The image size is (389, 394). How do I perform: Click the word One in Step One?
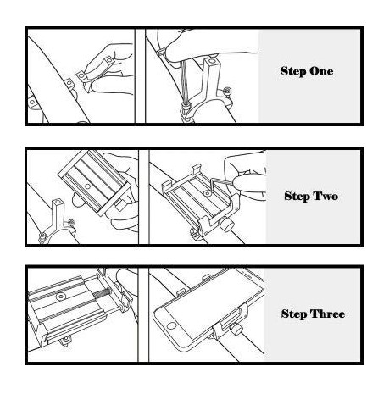[320, 71]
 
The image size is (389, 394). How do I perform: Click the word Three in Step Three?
[327, 314]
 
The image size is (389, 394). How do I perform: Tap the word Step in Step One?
[293, 71]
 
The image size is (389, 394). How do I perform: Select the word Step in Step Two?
[297, 197]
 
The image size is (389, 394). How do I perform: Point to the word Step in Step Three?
[294, 314]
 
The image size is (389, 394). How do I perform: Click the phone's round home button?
[171, 325]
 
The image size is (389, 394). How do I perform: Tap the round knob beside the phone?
[236, 330]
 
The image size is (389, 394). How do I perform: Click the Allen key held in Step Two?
[223, 184]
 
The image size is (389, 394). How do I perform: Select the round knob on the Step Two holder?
[228, 225]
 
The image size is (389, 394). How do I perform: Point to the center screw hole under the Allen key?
[208, 193]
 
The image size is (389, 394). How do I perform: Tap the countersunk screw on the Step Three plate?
[60, 297]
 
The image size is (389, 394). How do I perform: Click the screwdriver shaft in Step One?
[184, 83]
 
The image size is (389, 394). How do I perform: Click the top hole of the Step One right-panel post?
[210, 61]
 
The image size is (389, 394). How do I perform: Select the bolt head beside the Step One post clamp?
[227, 91]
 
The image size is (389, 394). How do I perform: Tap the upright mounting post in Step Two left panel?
[58, 214]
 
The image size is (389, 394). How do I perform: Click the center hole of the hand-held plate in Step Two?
[87, 186]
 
